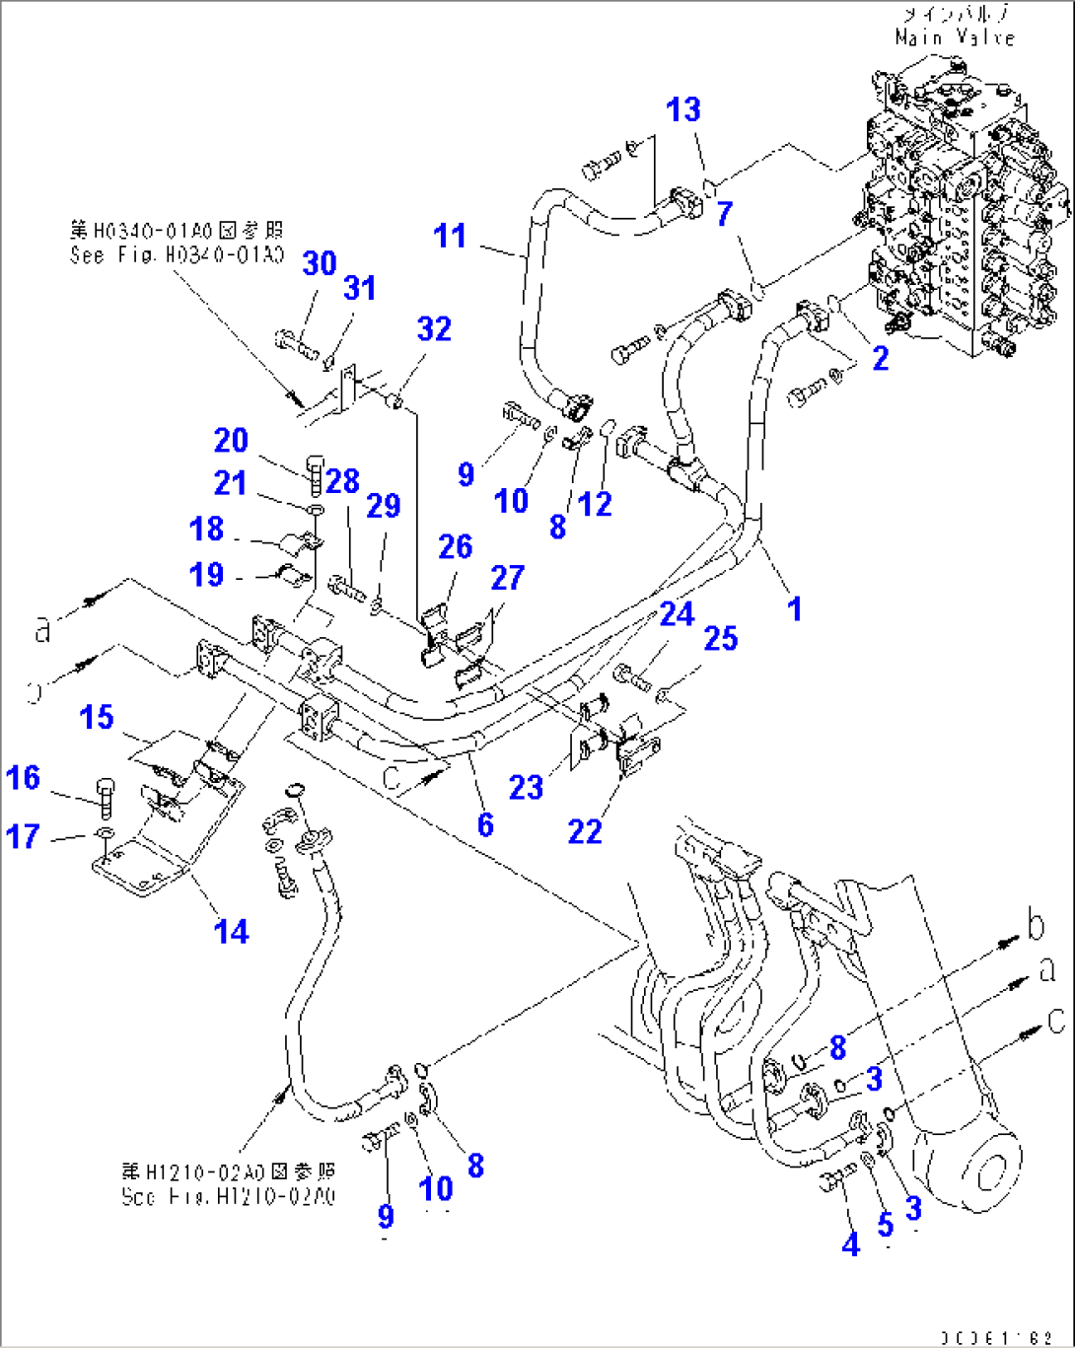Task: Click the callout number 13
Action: tap(683, 109)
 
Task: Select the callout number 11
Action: tap(450, 237)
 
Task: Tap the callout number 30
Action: tap(320, 263)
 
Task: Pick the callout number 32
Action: tap(434, 328)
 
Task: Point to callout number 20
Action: tap(232, 441)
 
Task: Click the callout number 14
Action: tap(232, 931)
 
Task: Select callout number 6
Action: tap(485, 823)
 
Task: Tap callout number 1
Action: tap(794, 608)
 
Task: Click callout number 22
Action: tap(585, 832)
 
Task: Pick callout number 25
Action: tap(721, 638)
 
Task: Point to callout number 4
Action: tap(850, 1244)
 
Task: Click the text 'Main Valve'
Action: tap(955, 37)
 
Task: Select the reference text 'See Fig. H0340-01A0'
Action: tap(177, 255)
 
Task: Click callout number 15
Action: tap(97, 717)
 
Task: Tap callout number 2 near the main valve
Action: tap(880, 358)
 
